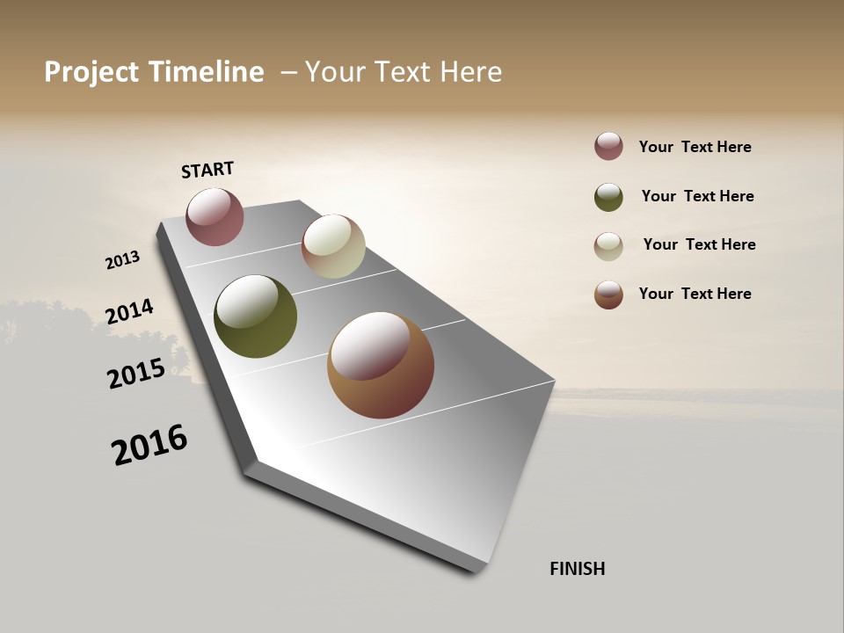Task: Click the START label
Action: click(x=207, y=170)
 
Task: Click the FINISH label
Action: click(x=577, y=569)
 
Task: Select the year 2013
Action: click(x=123, y=260)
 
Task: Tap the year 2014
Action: click(x=130, y=312)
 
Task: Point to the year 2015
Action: click(x=136, y=374)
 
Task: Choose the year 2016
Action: click(x=149, y=445)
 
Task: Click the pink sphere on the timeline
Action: click(x=215, y=216)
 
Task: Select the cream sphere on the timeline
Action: click(x=333, y=246)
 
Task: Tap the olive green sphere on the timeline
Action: click(x=255, y=316)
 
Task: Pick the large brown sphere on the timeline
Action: click(x=381, y=365)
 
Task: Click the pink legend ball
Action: click(x=608, y=146)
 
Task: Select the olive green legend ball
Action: click(x=608, y=197)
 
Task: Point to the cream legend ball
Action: click(x=608, y=246)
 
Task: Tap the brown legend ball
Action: click(x=608, y=295)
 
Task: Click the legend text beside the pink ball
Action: click(x=695, y=148)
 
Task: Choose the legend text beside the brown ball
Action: click(x=695, y=294)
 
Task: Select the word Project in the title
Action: click(x=89, y=72)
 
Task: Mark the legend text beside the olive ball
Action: click(x=697, y=196)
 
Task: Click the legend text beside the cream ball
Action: click(x=699, y=244)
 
